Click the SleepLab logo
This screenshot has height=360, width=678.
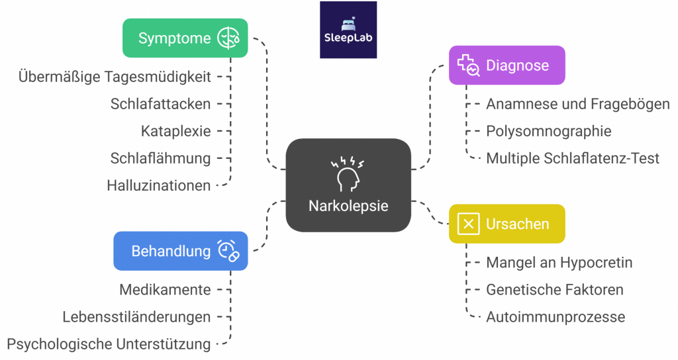click(348, 30)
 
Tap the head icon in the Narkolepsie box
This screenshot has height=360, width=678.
click(348, 173)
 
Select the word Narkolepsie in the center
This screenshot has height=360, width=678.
click(348, 206)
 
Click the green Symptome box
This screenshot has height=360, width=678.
click(185, 38)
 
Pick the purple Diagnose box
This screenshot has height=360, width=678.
click(507, 65)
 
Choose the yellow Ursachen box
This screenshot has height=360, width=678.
click(507, 224)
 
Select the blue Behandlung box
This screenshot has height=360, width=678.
click(180, 251)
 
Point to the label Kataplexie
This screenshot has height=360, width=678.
click(175, 131)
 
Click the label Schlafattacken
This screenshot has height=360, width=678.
click(160, 104)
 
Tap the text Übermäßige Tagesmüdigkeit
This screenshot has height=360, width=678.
click(115, 77)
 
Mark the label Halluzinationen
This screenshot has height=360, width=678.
click(158, 186)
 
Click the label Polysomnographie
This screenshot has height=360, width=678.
click(548, 131)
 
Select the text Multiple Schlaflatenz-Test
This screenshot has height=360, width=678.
click(573, 158)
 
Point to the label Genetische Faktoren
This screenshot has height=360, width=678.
click(555, 290)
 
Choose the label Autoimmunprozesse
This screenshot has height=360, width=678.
click(556, 317)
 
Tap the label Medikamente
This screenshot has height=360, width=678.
click(165, 290)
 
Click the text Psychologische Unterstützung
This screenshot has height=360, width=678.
click(109, 344)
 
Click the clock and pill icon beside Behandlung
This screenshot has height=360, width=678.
click(228, 251)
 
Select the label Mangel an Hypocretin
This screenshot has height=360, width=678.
click(559, 263)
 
